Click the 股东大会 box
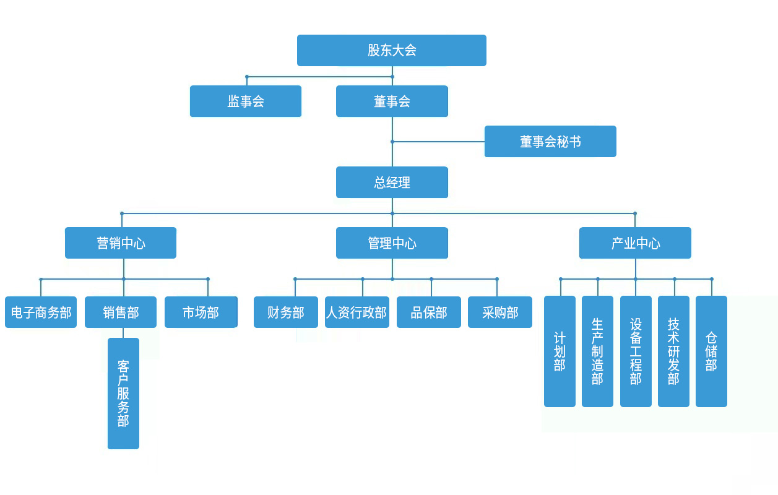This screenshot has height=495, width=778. click(391, 50)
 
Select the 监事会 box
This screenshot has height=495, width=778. click(245, 101)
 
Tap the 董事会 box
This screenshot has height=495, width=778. click(392, 101)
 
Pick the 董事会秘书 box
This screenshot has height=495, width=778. click(550, 141)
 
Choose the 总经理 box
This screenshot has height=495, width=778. click(392, 182)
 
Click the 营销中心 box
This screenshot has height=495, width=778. click(121, 243)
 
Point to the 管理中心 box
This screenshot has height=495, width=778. click(392, 243)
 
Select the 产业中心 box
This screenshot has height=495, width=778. click(635, 243)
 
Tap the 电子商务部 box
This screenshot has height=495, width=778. click(41, 312)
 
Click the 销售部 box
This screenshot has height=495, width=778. click(121, 312)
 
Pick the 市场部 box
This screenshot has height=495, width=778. click(201, 312)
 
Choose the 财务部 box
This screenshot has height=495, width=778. click(286, 312)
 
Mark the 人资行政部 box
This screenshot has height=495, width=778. click(357, 312)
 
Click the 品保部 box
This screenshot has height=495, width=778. click(429, 312)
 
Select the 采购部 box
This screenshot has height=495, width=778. click(500, 312)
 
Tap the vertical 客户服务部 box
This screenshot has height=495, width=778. click(123, 393)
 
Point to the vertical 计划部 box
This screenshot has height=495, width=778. click(560, 351)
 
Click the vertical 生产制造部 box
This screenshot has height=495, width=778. click(597, 351)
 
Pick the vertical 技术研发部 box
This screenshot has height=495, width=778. click(673, 351)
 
